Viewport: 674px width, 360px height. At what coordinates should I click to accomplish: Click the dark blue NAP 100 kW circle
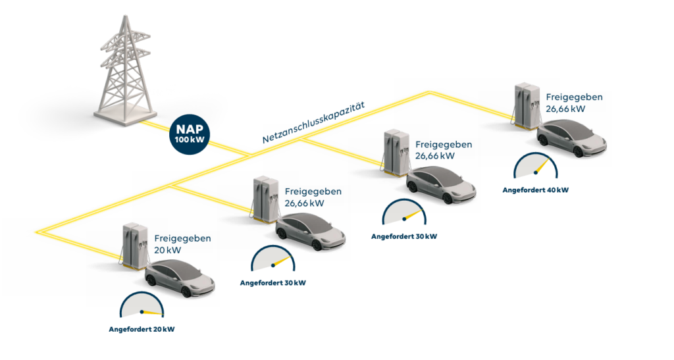(190, 134)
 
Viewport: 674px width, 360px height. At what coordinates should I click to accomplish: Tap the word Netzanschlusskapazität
(313, 122)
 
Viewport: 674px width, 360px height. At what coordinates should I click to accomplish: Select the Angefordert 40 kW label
(536, 190)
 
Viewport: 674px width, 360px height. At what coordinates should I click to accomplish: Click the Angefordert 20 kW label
(142, 330)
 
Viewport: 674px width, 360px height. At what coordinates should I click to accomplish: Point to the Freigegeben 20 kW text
(182, 244)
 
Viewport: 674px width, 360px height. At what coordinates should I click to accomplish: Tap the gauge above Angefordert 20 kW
(142, 305)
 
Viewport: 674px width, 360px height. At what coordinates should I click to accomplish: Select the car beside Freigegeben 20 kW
(180, 278)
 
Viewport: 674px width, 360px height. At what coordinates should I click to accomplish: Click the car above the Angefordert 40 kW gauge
(572, 138)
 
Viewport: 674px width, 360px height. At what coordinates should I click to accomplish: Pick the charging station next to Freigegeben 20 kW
(133, 245)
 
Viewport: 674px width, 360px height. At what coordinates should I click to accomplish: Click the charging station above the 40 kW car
(525, 106)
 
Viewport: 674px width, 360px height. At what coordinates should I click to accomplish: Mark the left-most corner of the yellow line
(37, 232)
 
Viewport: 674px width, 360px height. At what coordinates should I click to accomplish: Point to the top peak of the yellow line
(429, 92)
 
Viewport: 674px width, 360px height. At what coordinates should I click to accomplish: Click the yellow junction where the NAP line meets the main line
(250, 153)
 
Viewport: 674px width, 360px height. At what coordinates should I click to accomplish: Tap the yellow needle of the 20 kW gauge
(153, 313)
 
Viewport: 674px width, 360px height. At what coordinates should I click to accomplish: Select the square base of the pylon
(124, 115)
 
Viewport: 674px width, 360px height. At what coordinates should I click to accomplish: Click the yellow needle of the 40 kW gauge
(543, 166)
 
